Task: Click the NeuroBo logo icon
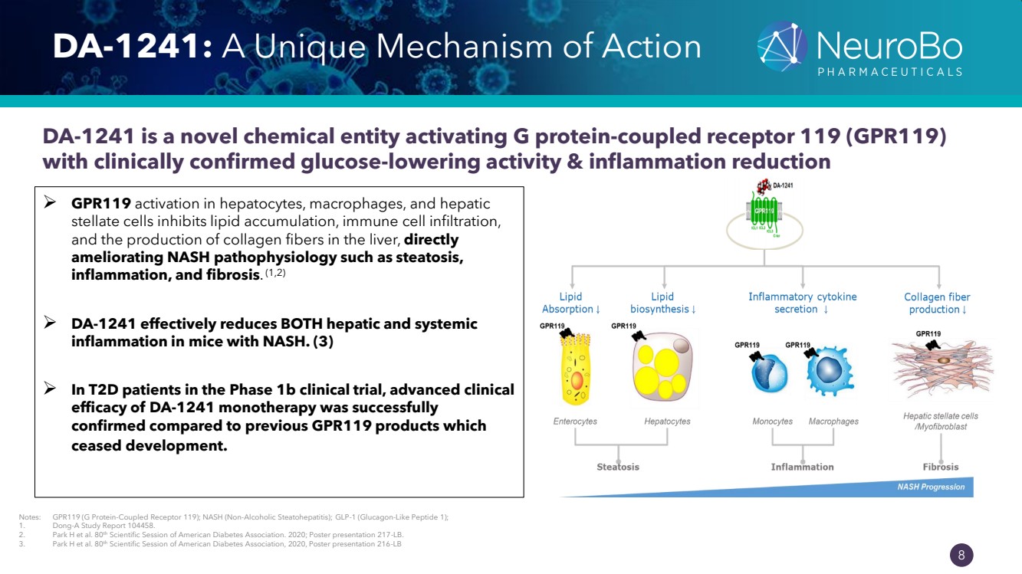[782, 46]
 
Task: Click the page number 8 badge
[961, 555]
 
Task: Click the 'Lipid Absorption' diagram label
[571, 303]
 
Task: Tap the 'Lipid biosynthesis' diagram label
[663, 303]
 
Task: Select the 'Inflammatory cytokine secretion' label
[802, 303]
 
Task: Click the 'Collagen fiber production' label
[936, 303]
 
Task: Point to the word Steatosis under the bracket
[618, 467]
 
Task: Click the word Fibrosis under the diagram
[941, 467]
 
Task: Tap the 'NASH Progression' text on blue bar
[931, 487]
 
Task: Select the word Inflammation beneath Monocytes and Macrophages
[802, 467]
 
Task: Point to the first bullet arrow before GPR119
[51, 204]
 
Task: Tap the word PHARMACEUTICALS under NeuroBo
[889, 72]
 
